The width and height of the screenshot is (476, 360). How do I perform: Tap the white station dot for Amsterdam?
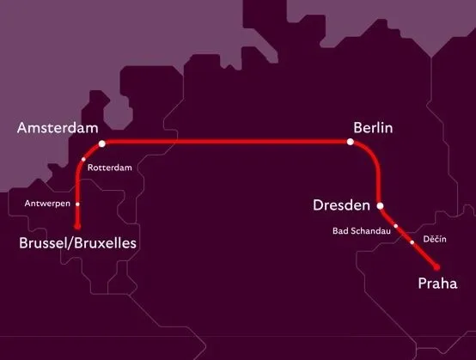point(101,143)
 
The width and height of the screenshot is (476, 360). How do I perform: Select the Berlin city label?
point(372,127)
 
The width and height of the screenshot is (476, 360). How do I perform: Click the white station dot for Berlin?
point(351,143)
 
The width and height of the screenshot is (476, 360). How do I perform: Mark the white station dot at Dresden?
point(380,205)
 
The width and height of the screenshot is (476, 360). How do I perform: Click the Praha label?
point(436,284)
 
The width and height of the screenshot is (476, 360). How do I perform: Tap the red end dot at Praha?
point(436,266)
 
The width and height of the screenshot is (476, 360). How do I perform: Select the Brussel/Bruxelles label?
point(78,244)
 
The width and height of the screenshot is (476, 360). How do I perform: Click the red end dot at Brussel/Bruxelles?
point(77,226)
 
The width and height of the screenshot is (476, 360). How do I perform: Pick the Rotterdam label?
point(110,168)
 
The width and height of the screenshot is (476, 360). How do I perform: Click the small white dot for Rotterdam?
point(83,160)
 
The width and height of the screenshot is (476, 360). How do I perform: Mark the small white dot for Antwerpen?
point(77,204)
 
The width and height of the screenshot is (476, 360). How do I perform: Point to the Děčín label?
point(435,238)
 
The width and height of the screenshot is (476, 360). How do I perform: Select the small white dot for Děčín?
point(412,242)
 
